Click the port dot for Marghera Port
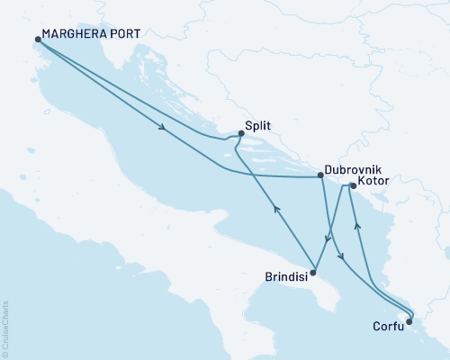38,40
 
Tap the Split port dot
241,134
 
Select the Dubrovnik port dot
321,176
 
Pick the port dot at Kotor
353,186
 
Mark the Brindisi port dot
312,271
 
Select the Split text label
258,128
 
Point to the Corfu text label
387,329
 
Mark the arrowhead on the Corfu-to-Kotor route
357,226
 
